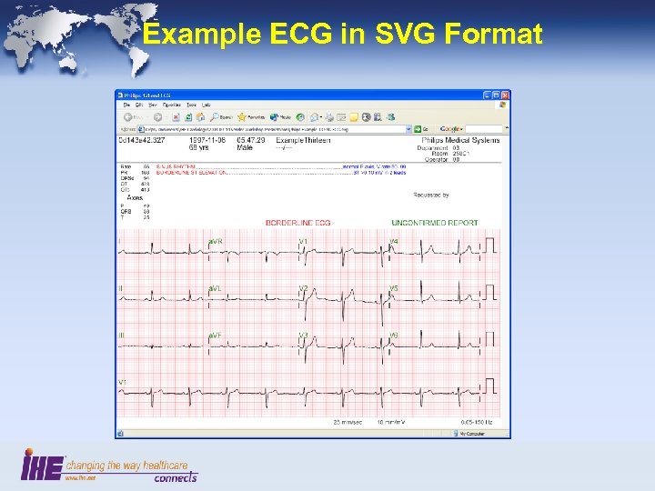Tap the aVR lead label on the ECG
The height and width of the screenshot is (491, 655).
tap(217, 241)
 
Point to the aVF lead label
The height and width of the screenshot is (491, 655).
tap(216, 335)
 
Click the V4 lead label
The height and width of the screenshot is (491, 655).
tap(394, 241)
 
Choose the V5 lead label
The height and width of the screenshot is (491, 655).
tap(394, 287)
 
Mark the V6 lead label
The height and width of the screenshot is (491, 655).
tap(394, 335)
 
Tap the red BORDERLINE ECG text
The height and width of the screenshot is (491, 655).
tap(298, 222)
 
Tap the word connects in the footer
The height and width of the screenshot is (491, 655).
tap(176, 476)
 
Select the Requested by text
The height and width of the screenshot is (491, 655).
tap(431, 195)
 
